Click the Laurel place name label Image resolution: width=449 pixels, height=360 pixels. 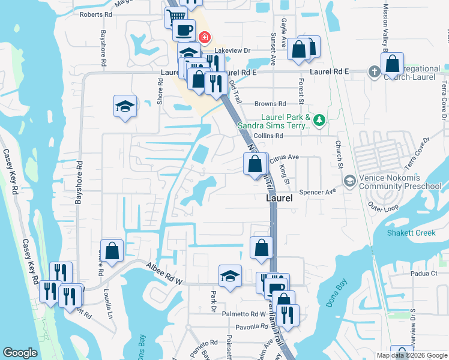coord(279,197)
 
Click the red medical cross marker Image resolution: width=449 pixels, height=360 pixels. coord(205,37)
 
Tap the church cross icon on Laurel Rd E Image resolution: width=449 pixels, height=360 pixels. coord(374,72)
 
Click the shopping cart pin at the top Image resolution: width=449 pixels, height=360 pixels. coord(176,17)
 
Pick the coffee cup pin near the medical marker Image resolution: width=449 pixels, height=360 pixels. coord(184,29)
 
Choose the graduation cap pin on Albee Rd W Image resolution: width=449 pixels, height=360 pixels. coord(230,277)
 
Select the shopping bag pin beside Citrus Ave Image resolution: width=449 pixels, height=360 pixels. coord(255,163)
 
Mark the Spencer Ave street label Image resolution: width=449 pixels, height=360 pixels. coord(322,192)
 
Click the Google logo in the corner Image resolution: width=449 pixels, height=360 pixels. coord(20,353)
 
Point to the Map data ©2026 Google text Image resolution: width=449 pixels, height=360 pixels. coord(411,355)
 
